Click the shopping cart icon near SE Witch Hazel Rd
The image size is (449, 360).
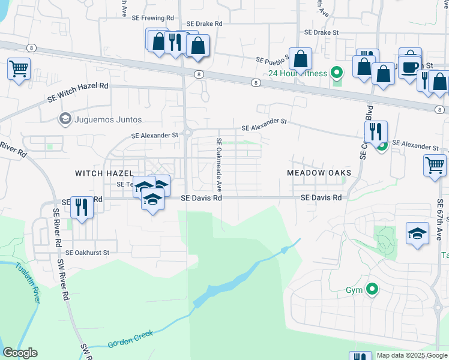19,68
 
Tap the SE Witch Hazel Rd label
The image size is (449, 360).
79,86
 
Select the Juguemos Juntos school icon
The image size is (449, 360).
64,119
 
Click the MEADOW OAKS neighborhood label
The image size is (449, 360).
318,173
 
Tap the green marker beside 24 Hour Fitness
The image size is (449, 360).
337,73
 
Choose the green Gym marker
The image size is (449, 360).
372,290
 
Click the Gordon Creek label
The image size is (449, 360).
130,338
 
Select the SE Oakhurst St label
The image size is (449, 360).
87,253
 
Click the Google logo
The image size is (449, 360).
20,353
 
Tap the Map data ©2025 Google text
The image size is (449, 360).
411,355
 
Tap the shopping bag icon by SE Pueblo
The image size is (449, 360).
300,59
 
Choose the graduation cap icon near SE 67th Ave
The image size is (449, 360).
417,233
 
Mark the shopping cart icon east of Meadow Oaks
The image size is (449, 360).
435,164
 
